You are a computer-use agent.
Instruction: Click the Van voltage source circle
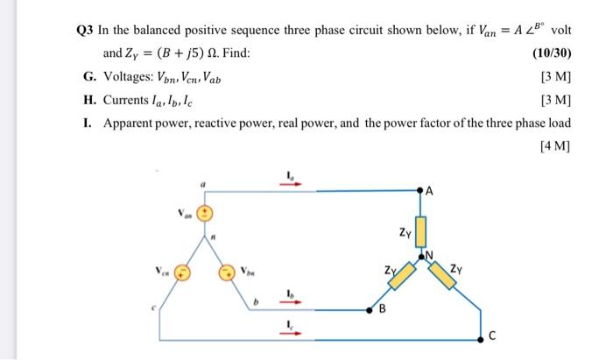click(x=203, y=213)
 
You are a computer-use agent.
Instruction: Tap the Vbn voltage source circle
click(x=226, y=272)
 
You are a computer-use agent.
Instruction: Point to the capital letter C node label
click(x=492, y=335)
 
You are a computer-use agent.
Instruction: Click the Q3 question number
click(x=84, y=28)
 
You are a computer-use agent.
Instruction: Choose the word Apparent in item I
click(x=130, y=123)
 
